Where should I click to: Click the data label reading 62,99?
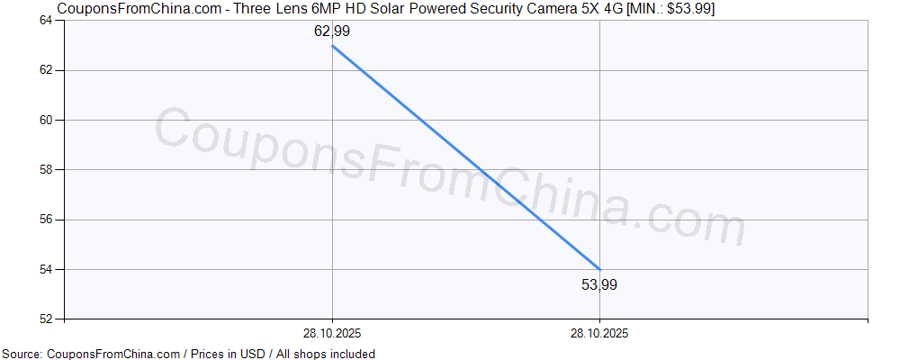pyautogui.click(x=331, y=31)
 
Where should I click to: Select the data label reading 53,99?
pyautogui.click(x=599, y=285)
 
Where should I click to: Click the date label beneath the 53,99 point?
pyautogui.click(x=599, y=333)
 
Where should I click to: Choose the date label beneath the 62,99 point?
pyautogui.click(x=332, y=333)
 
